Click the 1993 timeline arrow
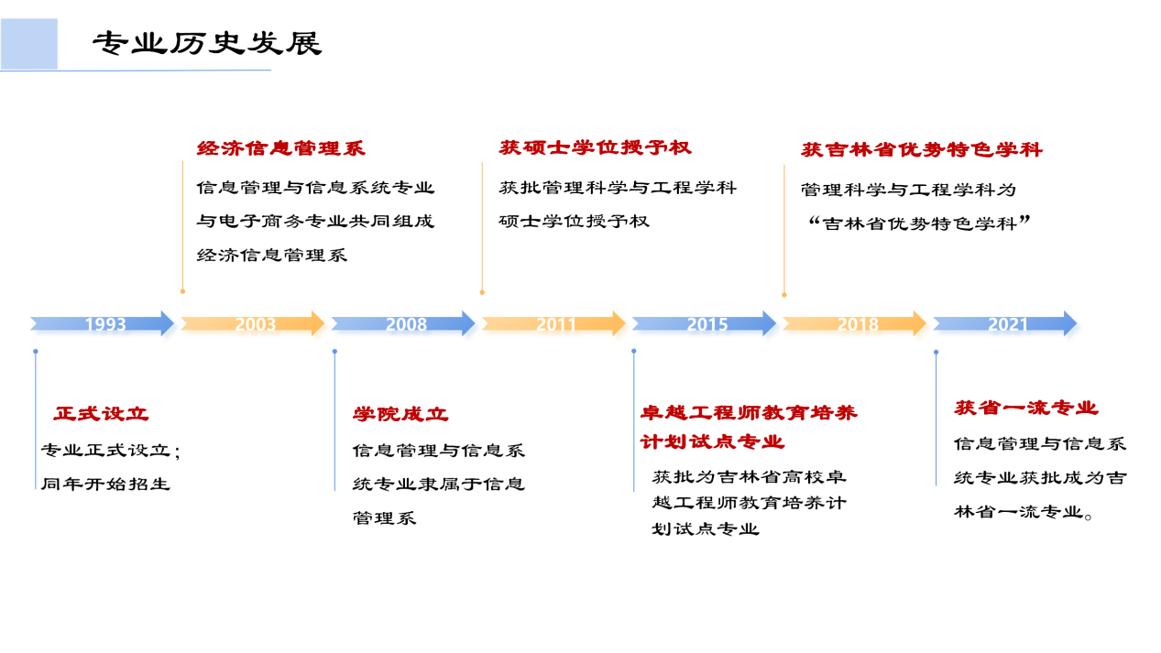pyautogui.click(x=102, y=323)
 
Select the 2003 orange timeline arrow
pyautogui.click(x=253, y=323)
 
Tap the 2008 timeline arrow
pyautogui.click(x=403, y=323)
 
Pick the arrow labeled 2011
pyautogui.click(x=553, y=323)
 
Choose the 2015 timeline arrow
pyautogui.click(x=704, y=323)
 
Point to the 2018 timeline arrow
pyautogui.click(x=854, y=323)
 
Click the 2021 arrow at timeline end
pyautogui.click(x=1004, y=323)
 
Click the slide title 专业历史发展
pyautogui.click(x=207, y=44)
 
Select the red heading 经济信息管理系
pyautogui.click(x=281, y=148)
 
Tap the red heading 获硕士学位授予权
pyautogui.click(x=596, y=147)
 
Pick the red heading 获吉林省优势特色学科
pyautogui.click(x=922, y=149)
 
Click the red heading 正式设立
pyautogui.click(x=101, y=414)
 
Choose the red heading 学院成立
pyautogui.click(x=400, y=414)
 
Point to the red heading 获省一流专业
pyautogui.click(x=1026, y=408)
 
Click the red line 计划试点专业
pyautogui.click(x=712, y=441)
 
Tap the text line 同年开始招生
pyautogui.click(x=105, y=484)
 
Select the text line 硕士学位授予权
pyautogui.click(x=575, y=222)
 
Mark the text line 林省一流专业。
pyautogui.click(x=1024, y=513)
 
